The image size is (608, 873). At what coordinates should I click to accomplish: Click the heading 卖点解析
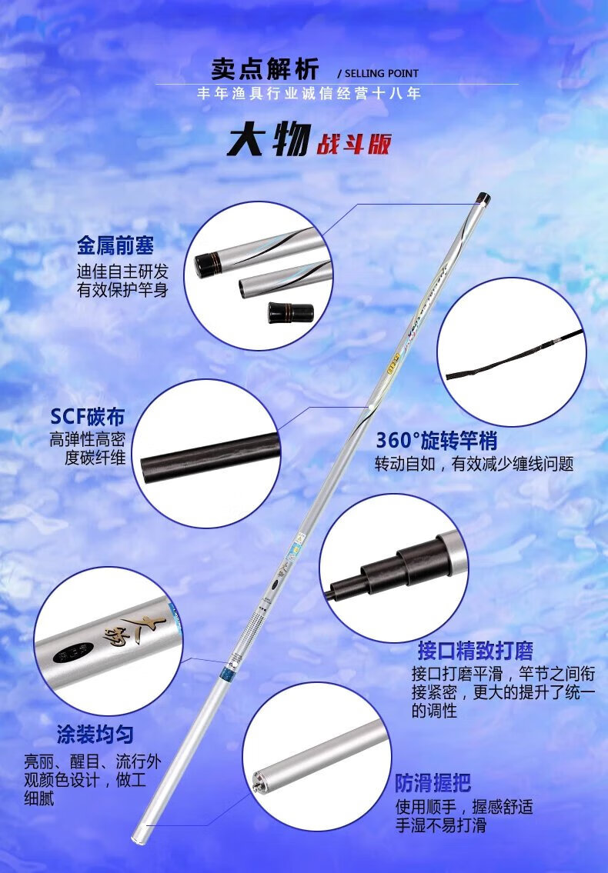click(265, 69)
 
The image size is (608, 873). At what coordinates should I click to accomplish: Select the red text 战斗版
click(353, 144)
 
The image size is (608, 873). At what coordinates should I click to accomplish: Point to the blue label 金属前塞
click(115, 245)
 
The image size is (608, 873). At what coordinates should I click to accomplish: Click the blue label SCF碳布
click(87, 417)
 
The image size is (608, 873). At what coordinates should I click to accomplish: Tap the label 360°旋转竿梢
click(436, 441)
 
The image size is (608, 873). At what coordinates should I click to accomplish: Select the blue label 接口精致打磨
click(475, 651)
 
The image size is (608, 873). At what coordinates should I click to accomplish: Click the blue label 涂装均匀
click(95, 734)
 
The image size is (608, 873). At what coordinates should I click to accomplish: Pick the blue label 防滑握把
click(433, 783)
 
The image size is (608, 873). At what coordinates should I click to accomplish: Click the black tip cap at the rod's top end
click(484, 198)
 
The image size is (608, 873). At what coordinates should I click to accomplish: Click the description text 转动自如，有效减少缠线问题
click(474, 464)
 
